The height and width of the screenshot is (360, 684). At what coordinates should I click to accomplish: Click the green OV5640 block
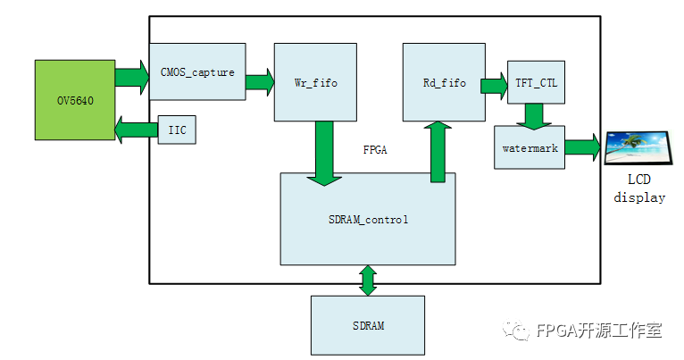coord(75,99)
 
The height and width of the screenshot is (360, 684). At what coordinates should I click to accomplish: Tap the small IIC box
coord(177,130)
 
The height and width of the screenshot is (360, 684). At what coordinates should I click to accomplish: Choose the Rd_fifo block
coord(444,82)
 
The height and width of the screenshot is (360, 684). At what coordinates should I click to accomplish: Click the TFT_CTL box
coord(536,83)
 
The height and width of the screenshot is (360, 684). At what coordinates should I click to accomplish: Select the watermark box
coord(530,147)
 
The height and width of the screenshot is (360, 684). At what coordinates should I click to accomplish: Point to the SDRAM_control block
coord(368,219)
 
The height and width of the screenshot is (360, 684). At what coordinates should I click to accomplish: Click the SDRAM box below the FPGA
coord(368,325)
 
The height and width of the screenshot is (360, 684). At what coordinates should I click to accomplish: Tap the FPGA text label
coord(376,149)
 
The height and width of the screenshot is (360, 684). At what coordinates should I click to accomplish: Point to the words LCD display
coord(639,188)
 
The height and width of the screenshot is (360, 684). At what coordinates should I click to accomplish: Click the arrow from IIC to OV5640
coord(137,130)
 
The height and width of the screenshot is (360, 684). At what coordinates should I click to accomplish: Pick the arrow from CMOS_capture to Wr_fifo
coord(260,82)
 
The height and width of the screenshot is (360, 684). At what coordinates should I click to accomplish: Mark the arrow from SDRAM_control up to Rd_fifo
coord(438,151)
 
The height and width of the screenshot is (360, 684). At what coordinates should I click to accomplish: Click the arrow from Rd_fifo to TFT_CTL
coord(494,86)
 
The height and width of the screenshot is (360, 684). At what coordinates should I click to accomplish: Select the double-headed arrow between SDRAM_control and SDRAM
coord(368,280)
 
